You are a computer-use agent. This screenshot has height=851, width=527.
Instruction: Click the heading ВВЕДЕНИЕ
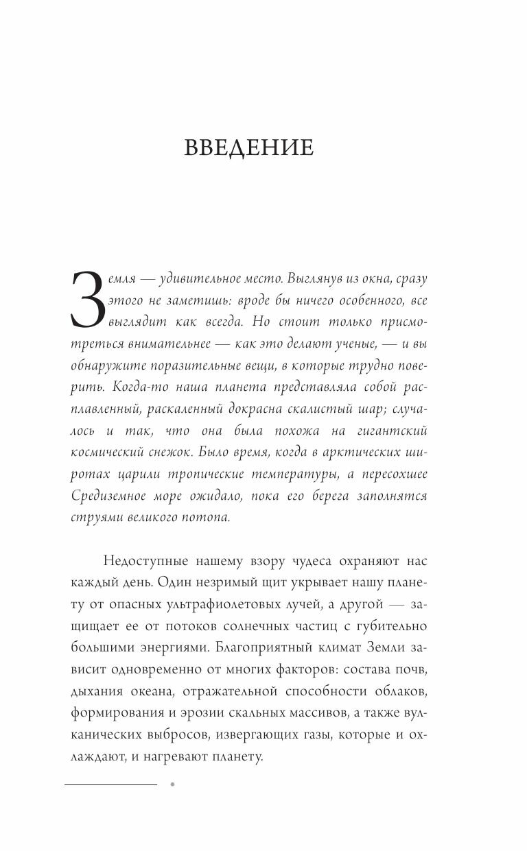tap(249, 148)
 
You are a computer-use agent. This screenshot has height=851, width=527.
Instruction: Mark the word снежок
tap(171, 453)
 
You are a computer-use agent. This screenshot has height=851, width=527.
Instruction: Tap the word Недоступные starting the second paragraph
tap(146, 561)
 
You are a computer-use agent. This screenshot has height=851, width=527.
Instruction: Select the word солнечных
tap(283, 626)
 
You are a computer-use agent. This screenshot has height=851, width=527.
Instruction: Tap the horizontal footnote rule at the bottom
tap(110, 784)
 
